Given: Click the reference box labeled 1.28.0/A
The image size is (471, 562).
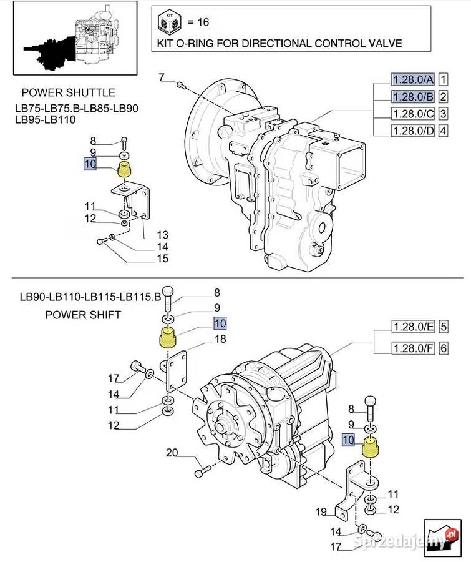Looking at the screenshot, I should [412, 79].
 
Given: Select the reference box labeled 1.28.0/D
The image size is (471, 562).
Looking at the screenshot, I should [412, 131].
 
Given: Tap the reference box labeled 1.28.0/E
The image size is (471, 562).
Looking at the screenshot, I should [412, 327].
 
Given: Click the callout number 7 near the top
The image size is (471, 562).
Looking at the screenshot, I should [161, 77].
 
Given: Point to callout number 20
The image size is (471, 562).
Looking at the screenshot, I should [172, 453].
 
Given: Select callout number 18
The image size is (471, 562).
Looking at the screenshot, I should [220, 340].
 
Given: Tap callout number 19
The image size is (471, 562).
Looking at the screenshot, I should [321, 513].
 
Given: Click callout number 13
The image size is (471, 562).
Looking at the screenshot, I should [163, 235].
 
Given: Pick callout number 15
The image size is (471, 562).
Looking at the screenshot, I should [162, 259].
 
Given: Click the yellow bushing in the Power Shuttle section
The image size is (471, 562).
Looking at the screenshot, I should [124, 169].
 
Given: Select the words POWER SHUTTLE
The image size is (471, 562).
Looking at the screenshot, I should [69, 93].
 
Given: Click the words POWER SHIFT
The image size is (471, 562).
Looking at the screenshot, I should [83, 315].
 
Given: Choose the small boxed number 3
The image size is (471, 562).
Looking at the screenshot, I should [443, 114].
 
